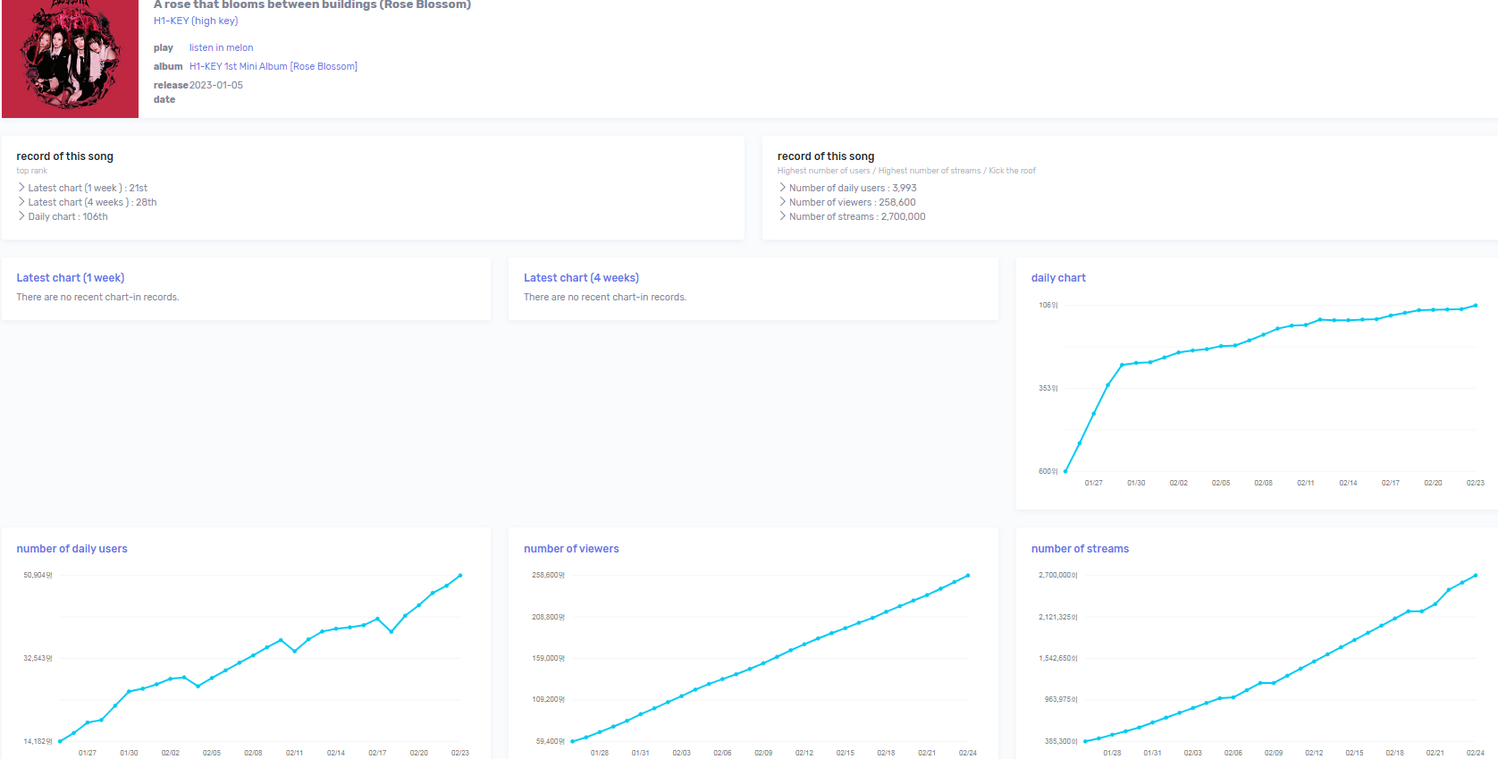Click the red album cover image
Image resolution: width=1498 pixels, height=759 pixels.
[x=70, y=59]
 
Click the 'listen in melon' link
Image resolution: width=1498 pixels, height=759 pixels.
[x=221, y=48]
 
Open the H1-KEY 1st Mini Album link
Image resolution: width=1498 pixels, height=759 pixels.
[x=273, y=66]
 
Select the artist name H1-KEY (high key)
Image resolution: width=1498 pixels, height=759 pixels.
[x=195, y=21]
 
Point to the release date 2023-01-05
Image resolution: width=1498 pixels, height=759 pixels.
[x=215, y=85]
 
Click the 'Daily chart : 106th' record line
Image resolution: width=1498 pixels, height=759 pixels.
[x=67, y=216]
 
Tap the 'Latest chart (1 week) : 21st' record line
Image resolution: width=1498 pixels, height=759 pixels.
[x=88, y=188]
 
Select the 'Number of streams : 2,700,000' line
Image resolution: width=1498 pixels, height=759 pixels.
[x=856, y=216]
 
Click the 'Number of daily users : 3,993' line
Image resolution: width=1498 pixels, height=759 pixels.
[x=852, y=188]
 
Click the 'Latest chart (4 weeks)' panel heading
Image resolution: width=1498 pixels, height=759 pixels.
[x=581, y=278]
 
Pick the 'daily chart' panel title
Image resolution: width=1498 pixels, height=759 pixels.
[x=1058, y=278]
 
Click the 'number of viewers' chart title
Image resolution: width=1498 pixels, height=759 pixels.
[x=571, y=549]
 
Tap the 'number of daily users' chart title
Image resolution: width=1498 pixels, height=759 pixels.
[x=72, y=549]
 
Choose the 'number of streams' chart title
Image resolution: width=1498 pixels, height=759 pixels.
[x=1080, y=549]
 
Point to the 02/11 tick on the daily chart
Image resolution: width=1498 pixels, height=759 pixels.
[x=1305, y=483]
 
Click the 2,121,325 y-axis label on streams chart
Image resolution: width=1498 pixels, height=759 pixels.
[x=1057, y=617]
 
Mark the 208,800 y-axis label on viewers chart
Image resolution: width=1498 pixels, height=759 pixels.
[x=548, y=617]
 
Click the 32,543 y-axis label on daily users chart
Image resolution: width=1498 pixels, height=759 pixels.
[x=38, y=658]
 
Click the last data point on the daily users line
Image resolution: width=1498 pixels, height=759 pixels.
[x=460, y=576]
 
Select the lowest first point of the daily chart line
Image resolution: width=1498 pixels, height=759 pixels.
[x=1065, y=471]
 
